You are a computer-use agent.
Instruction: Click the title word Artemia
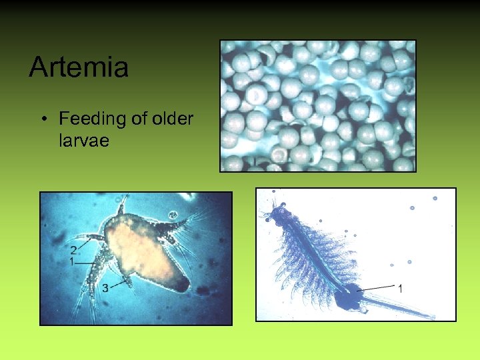click(x=79, y=67)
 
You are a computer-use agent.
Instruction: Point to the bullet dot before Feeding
click(x=43, y=120)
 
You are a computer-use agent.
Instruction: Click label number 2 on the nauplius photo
click(x=73, y=250)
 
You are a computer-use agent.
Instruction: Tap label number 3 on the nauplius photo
click(x=105, y=288)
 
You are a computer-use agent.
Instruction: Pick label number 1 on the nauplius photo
click(x=71, y=263)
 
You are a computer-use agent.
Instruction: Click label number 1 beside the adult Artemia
click(x=400, y=289)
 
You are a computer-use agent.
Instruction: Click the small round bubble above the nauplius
click(x=171, y=216)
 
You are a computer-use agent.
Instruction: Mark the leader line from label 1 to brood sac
click(x=377, y=287)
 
